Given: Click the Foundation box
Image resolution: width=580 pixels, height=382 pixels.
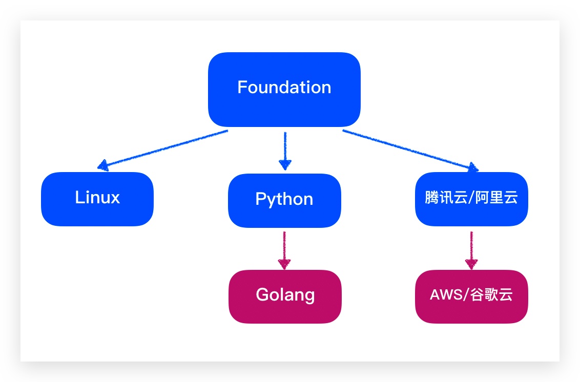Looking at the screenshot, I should click(x=284, y=89).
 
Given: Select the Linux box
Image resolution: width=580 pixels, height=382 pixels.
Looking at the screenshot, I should click(x=97, y=199).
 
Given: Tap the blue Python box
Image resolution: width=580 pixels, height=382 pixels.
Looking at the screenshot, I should click(x=284, y=200).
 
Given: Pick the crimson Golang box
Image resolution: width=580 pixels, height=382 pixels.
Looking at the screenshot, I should click(x=285, y=296).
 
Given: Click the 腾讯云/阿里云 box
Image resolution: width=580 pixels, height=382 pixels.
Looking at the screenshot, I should click(x=471, y=199).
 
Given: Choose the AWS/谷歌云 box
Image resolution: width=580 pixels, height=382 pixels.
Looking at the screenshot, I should click(x=471, y=296).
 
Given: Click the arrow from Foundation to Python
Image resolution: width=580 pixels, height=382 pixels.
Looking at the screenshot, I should click(x=285, y=148).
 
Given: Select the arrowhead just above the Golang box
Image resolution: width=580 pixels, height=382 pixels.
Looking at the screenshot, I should click(x=284, y=264).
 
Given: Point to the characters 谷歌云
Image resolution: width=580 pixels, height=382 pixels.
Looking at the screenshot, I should click(x=491, y=295).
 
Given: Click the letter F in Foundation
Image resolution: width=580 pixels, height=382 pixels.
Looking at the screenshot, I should click(x=242, y=87).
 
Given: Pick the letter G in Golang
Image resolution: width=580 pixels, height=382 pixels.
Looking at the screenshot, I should click(x=262, y=295).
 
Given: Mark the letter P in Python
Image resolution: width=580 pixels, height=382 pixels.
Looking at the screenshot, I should click(x=260, y=199).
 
